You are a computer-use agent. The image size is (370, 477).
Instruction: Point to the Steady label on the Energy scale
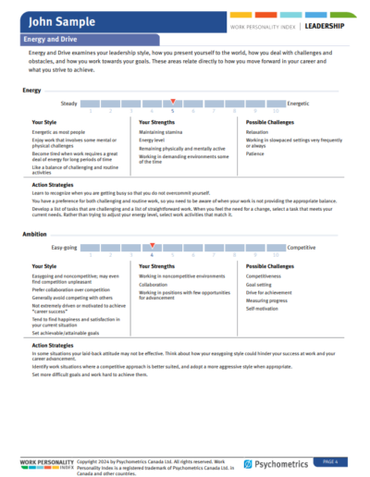pyautogui.click(x=68, y=104)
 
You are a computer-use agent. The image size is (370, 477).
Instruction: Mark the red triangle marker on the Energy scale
pyautogui.click(x=172, y=100)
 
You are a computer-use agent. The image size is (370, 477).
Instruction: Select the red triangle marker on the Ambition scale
pyautogui.click(x=153, y=244)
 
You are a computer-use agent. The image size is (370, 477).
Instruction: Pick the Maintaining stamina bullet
pyautogui.click(x=164, y=132)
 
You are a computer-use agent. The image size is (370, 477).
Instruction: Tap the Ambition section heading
pyautogui.click(x=35, y=234)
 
